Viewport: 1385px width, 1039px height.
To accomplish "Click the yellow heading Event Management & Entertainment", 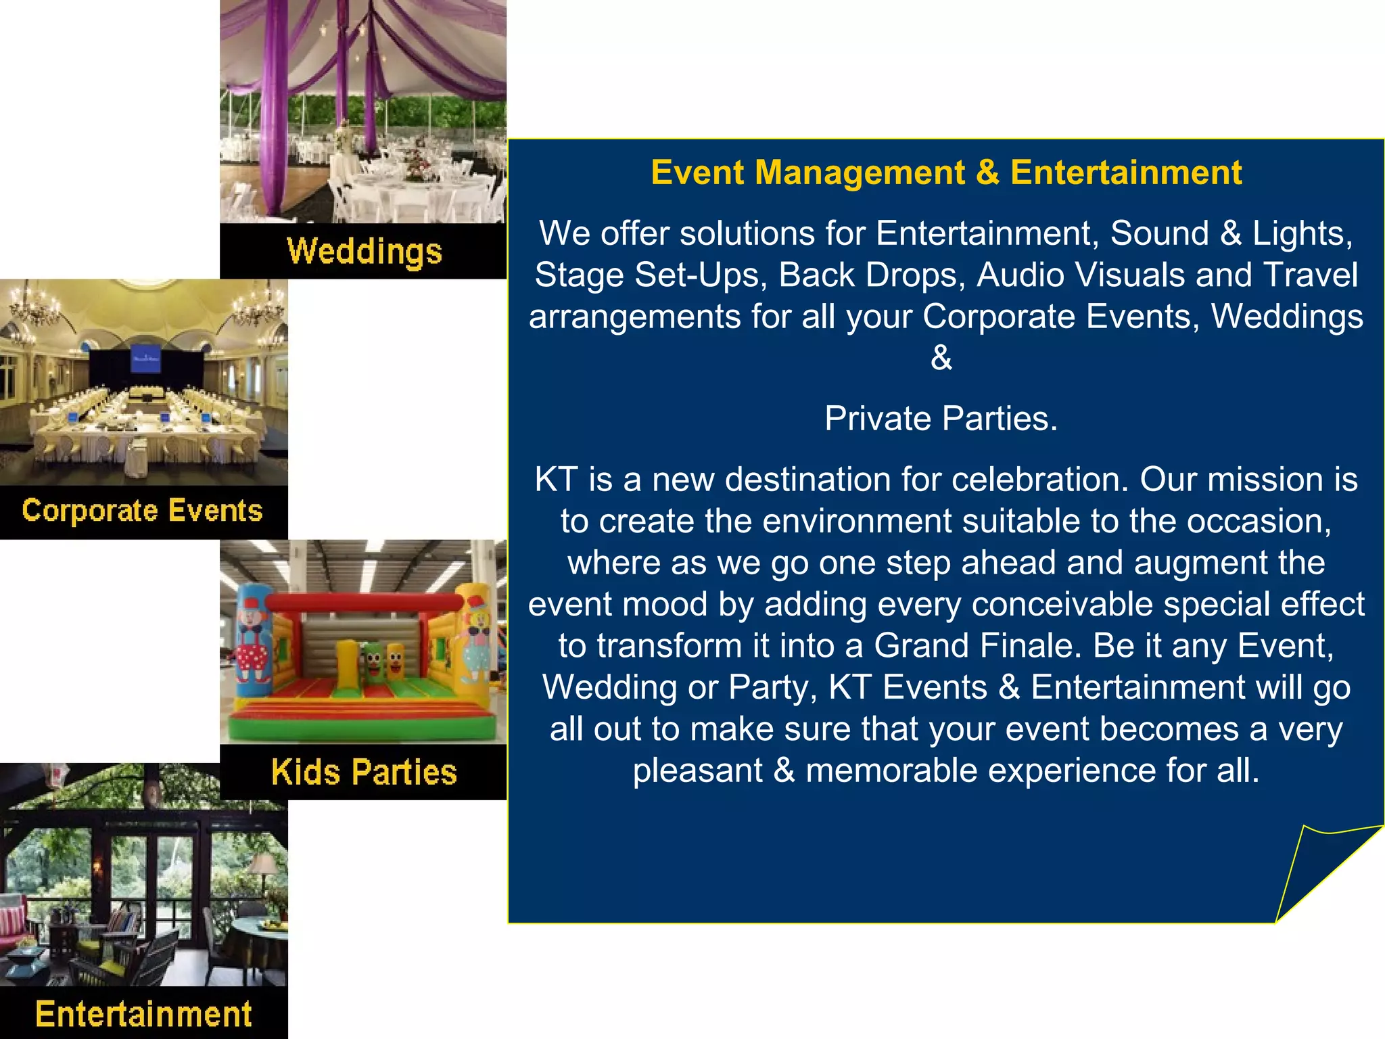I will point(945,172).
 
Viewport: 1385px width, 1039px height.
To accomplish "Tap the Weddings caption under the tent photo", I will point(364,251).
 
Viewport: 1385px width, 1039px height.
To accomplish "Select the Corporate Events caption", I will point(142,511).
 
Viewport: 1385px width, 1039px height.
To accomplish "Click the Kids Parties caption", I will point(364,772).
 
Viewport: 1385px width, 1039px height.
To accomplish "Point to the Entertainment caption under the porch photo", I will point(143,1014).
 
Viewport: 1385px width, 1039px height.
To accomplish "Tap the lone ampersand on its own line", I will point(941,358).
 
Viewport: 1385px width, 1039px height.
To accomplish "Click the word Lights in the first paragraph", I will point(1300,234).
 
